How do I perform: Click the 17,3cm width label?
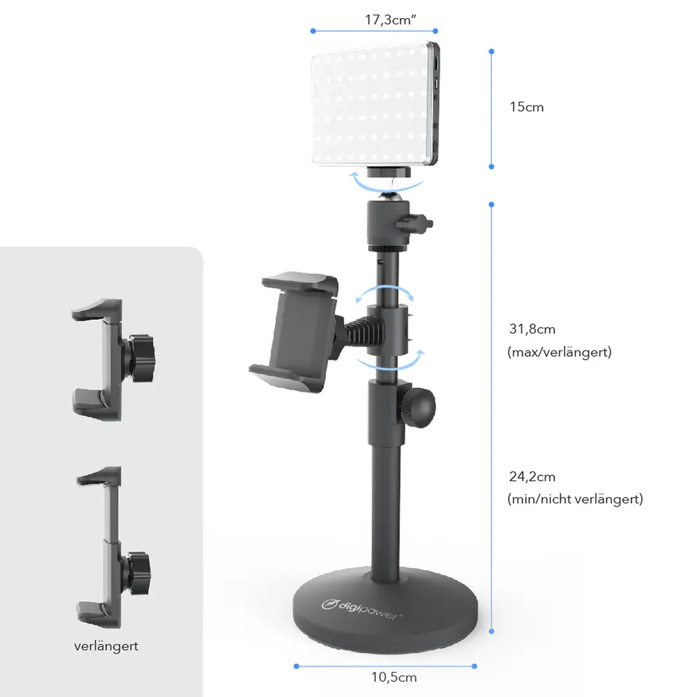(x=390, y=20)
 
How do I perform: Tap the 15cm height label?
(x=526, y=107)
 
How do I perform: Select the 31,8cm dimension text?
(x=532, y=329)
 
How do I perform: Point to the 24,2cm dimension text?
(x=532, y=477)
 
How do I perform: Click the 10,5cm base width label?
(x=394, y=677)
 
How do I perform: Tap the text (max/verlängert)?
(x=559, y=352)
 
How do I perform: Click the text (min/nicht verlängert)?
(x=575, y=499)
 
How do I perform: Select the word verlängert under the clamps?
(x=106, y=646)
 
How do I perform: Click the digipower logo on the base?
(x=361, y=609)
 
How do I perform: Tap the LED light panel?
(x=376, y=104)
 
